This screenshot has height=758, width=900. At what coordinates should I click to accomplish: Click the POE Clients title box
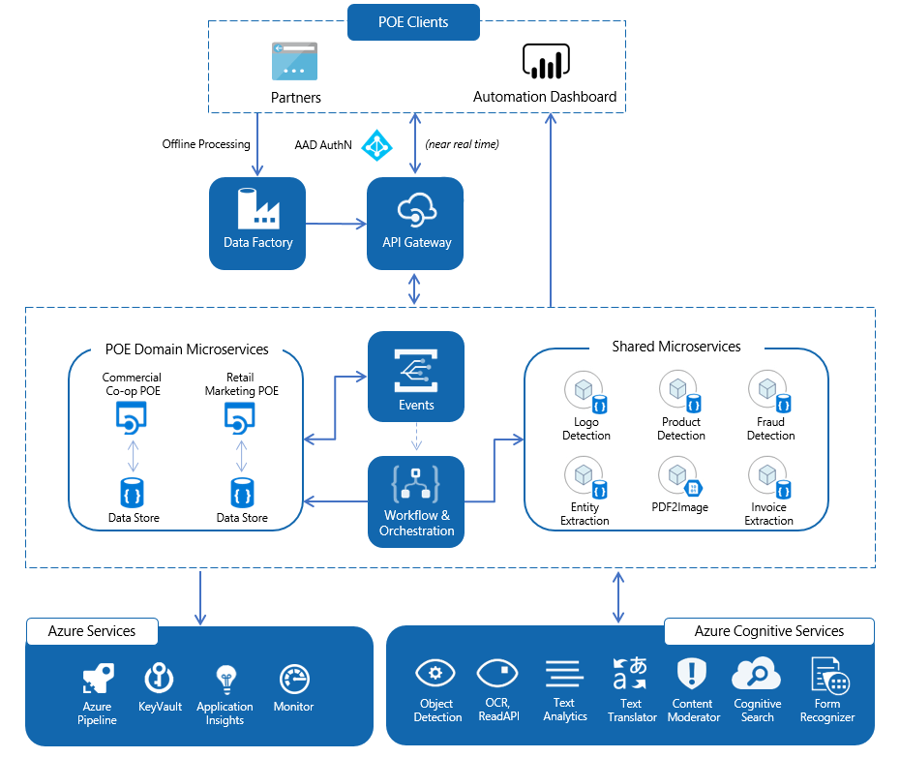click(413, 21)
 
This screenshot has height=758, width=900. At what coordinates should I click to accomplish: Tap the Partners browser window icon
click(295, 61)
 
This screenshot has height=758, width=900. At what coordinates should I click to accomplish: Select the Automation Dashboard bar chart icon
click(544, 61)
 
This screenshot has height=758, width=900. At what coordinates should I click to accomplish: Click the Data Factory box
click(257, 223)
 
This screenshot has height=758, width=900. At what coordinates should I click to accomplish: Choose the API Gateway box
click(415, 223)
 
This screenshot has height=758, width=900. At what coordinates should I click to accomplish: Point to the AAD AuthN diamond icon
click(375, 145)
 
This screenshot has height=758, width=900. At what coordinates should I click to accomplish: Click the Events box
click(416, 377)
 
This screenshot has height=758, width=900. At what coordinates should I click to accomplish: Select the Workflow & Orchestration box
click(416, 500)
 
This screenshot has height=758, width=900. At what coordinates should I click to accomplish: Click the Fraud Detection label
click(770, 429)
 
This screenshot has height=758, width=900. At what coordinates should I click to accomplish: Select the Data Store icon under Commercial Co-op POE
click(134, 492)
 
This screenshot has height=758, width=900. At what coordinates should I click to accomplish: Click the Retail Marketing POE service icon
click(241, 417)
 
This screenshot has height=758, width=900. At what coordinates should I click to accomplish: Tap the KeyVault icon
click(160, 678)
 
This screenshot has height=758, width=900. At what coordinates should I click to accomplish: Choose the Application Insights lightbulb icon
click(225, 678)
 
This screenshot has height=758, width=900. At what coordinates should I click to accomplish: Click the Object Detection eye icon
click(435, 673)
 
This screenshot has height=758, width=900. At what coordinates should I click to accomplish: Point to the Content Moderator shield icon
click(693, 673)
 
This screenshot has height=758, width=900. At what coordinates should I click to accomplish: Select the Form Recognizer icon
click(828, 675)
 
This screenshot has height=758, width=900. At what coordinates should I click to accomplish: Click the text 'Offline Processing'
click(206, 144)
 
